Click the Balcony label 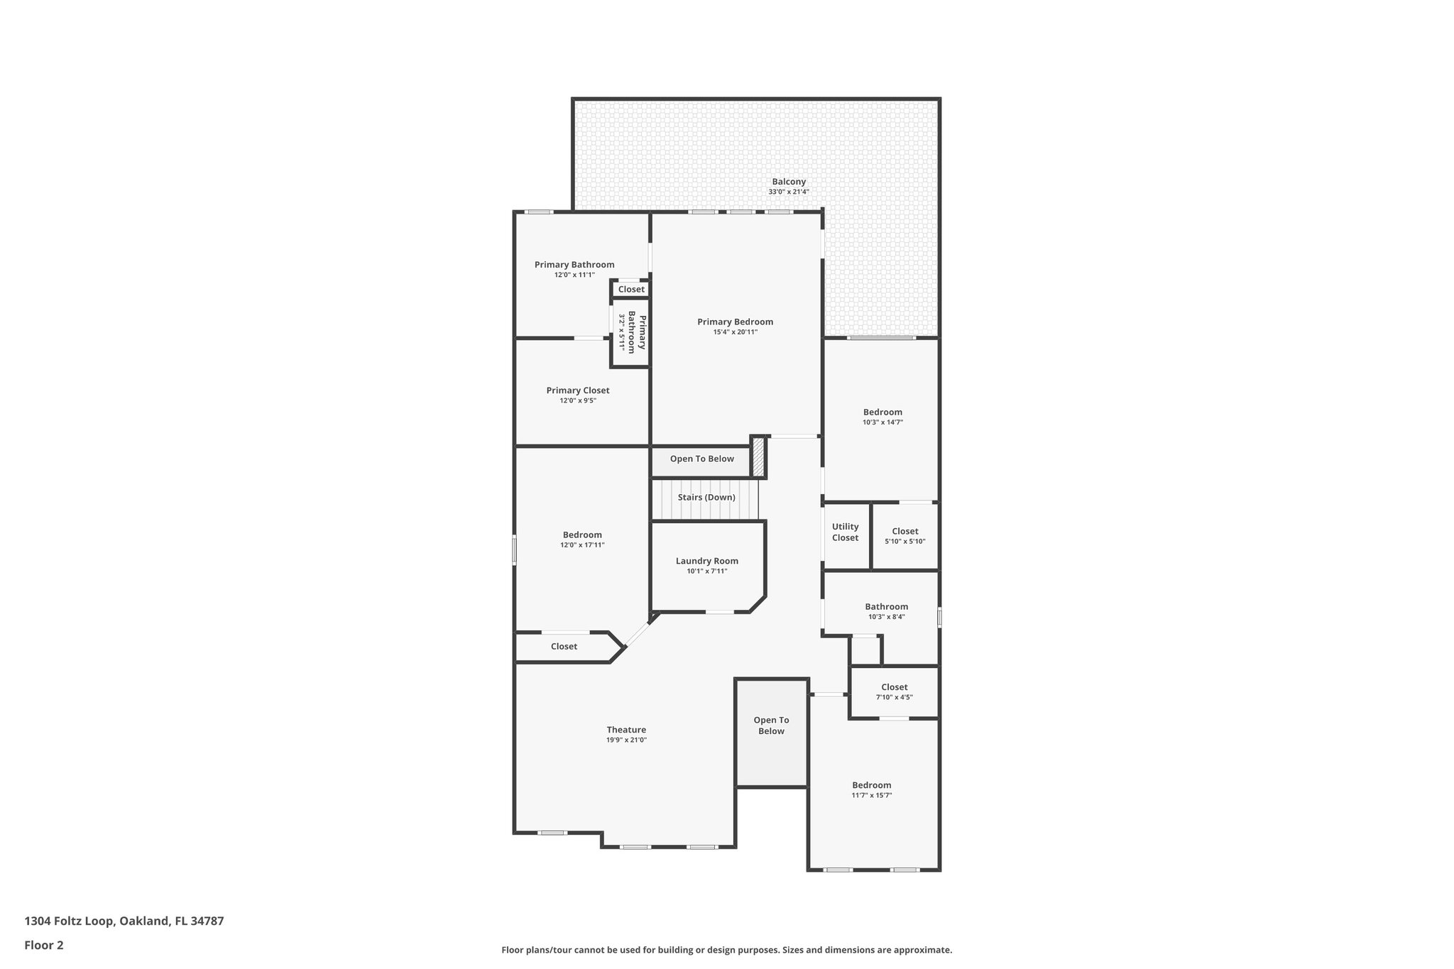click(789, 182)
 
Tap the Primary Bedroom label click(735, 322)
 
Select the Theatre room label click(626, 730)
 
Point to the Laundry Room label click(706, 561)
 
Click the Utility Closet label click(845, 532)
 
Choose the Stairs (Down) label click(706, 498)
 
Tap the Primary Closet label click(577, 390)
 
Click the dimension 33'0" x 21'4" click(789, 192)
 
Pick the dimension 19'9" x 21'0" click(626, 740)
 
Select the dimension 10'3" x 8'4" click(886, 617)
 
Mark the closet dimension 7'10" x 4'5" click(894, 697)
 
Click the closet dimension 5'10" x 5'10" click(904, 542)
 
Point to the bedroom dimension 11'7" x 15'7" click(871, 796)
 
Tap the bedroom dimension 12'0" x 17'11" click(582, 545)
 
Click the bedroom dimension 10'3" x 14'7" click(882, 422)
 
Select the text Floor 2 click(44, 945)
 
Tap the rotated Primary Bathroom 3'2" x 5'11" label click(631, 332)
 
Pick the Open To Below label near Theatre click(771, 726)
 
